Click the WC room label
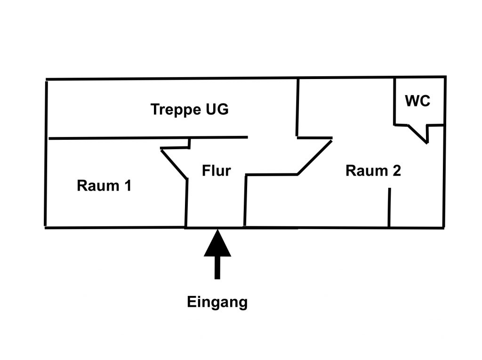click(418, 101)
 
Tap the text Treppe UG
click(189, 110)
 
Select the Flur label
click(216, 170)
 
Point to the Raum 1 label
click(104, 186)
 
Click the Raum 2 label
click(373, 171)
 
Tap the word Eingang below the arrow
click(217, 302)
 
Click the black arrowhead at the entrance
click(217, 245)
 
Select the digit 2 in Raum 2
click(396, 171)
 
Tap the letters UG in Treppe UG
click(217, 110)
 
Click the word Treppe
click(174, 110)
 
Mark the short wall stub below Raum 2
click(389, 207)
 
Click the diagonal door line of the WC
click(418, 134)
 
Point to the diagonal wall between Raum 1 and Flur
click(174, 163)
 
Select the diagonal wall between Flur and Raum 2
click(314, 157)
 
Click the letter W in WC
click(411, 101)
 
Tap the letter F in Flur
click(206, 170)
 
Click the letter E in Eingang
click(191, 302)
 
